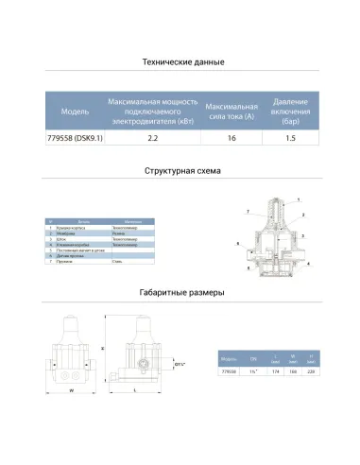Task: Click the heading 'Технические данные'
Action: (180, 63)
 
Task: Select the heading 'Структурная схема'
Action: (180, 175)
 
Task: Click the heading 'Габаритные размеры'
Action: (180, 293)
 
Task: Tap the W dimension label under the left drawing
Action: (73, 387)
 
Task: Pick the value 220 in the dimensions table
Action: (313, 371)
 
